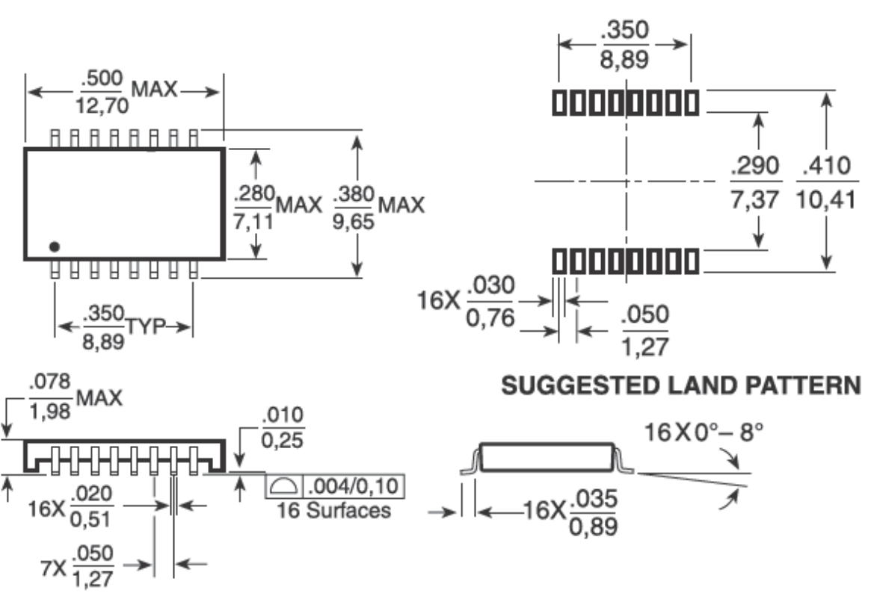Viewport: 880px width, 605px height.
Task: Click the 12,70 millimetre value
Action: [102, 107]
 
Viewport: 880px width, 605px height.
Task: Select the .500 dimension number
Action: [102, 79]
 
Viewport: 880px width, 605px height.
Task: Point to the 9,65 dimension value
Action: [354, 222]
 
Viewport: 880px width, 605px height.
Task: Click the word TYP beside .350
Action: [146, 326]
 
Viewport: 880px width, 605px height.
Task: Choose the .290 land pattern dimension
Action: [755, 166]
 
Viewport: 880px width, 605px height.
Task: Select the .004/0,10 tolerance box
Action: [355, 487]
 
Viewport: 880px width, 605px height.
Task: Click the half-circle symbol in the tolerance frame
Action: [285, 487]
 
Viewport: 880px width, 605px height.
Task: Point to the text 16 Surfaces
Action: [334, 511]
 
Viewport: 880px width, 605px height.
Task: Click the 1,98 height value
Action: [50, 410]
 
